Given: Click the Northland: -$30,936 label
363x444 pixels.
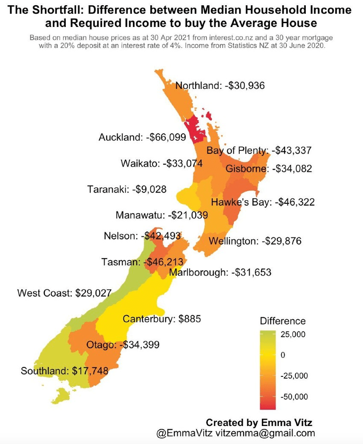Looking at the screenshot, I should [220, 86].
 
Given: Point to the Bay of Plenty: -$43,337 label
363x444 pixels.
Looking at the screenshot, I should [259, 151].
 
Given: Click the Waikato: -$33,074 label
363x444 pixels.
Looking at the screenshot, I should [161, 164].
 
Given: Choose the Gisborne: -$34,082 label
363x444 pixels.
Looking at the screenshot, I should [268, 168].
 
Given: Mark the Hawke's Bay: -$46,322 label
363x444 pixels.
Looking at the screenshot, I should [263, 202].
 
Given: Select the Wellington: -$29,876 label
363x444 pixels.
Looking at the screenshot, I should [255, 241].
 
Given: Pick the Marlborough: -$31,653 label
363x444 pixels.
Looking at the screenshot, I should [220, 272].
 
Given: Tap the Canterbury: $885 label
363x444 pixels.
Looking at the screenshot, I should [162, 319].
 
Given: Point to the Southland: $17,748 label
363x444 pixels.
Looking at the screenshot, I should [64, 371].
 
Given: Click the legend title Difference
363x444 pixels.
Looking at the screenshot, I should [283, 321].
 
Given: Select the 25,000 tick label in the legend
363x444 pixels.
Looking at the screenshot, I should [293, 334].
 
